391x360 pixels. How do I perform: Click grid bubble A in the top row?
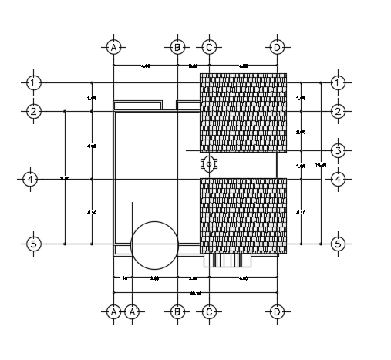point(113,48)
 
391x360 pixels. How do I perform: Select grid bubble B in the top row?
point(177,48)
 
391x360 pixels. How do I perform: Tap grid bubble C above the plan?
point(208,48)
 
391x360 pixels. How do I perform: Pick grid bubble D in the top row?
point(276,48)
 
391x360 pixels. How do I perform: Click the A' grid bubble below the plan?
point(133,312)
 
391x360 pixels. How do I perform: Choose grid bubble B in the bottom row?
point(177,312)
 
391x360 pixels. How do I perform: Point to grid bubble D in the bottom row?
point(276,312)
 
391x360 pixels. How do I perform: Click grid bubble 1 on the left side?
point(32,82)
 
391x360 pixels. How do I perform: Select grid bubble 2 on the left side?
point(32,112)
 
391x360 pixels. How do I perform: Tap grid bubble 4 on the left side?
point(31,179)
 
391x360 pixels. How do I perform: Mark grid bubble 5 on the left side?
point(32,244)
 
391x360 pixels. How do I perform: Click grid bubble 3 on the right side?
point(338,150)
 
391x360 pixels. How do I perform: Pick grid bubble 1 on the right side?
point(338,82)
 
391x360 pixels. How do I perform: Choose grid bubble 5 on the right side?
point(338,244)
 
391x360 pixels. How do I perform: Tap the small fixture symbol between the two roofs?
point(209,163)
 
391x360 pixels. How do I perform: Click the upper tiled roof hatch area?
point(243,113)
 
